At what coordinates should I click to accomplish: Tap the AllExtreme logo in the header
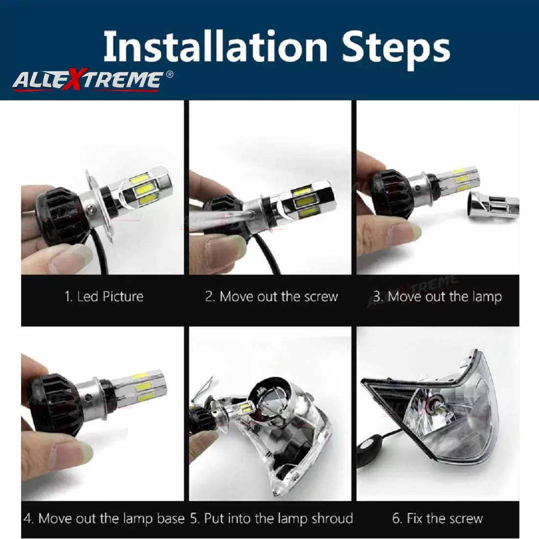87,79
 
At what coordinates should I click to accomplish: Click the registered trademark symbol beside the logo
170,74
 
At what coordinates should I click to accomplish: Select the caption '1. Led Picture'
104,296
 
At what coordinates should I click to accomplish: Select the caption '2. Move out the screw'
271,296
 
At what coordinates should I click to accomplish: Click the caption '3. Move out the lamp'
438,296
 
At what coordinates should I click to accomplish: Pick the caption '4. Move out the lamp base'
104,518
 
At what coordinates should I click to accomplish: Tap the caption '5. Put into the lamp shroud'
271,518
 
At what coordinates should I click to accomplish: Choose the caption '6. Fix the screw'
438,518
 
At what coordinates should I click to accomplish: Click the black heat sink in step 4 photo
54,399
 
